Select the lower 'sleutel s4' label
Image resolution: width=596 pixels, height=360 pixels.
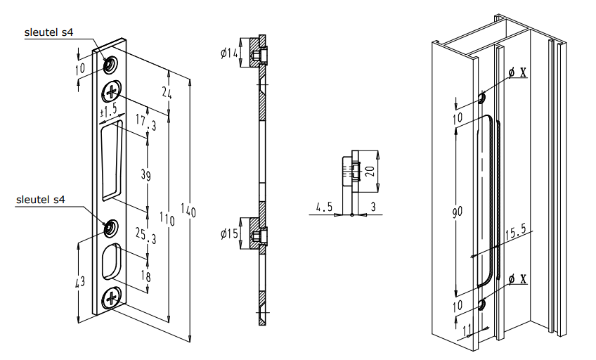pos(40,200)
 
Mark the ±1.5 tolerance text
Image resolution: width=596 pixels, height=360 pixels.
pos(108,112)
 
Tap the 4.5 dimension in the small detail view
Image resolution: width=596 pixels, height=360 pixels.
pos(324,207)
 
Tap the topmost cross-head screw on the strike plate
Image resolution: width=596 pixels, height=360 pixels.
pos(112,91)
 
